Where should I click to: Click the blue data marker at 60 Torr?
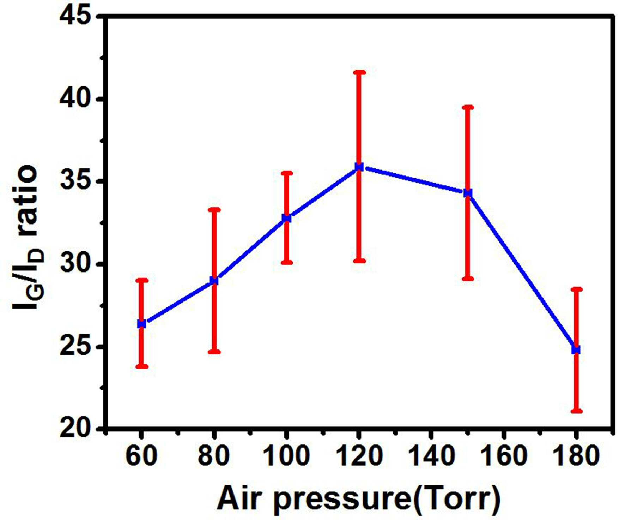(x=142, y=324)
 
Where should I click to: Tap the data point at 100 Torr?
(x=287, y=218)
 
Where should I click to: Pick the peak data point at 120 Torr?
(x=359, y=167)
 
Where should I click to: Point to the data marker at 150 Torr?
(x=468, y=193)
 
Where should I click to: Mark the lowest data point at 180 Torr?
(x=576, y=349)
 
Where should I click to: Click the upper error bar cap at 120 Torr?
(x=359, y=72)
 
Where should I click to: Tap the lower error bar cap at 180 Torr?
(x=576, y=411)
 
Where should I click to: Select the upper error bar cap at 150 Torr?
(x=468, y=107)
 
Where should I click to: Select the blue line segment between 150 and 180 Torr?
(x=522, y=271)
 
